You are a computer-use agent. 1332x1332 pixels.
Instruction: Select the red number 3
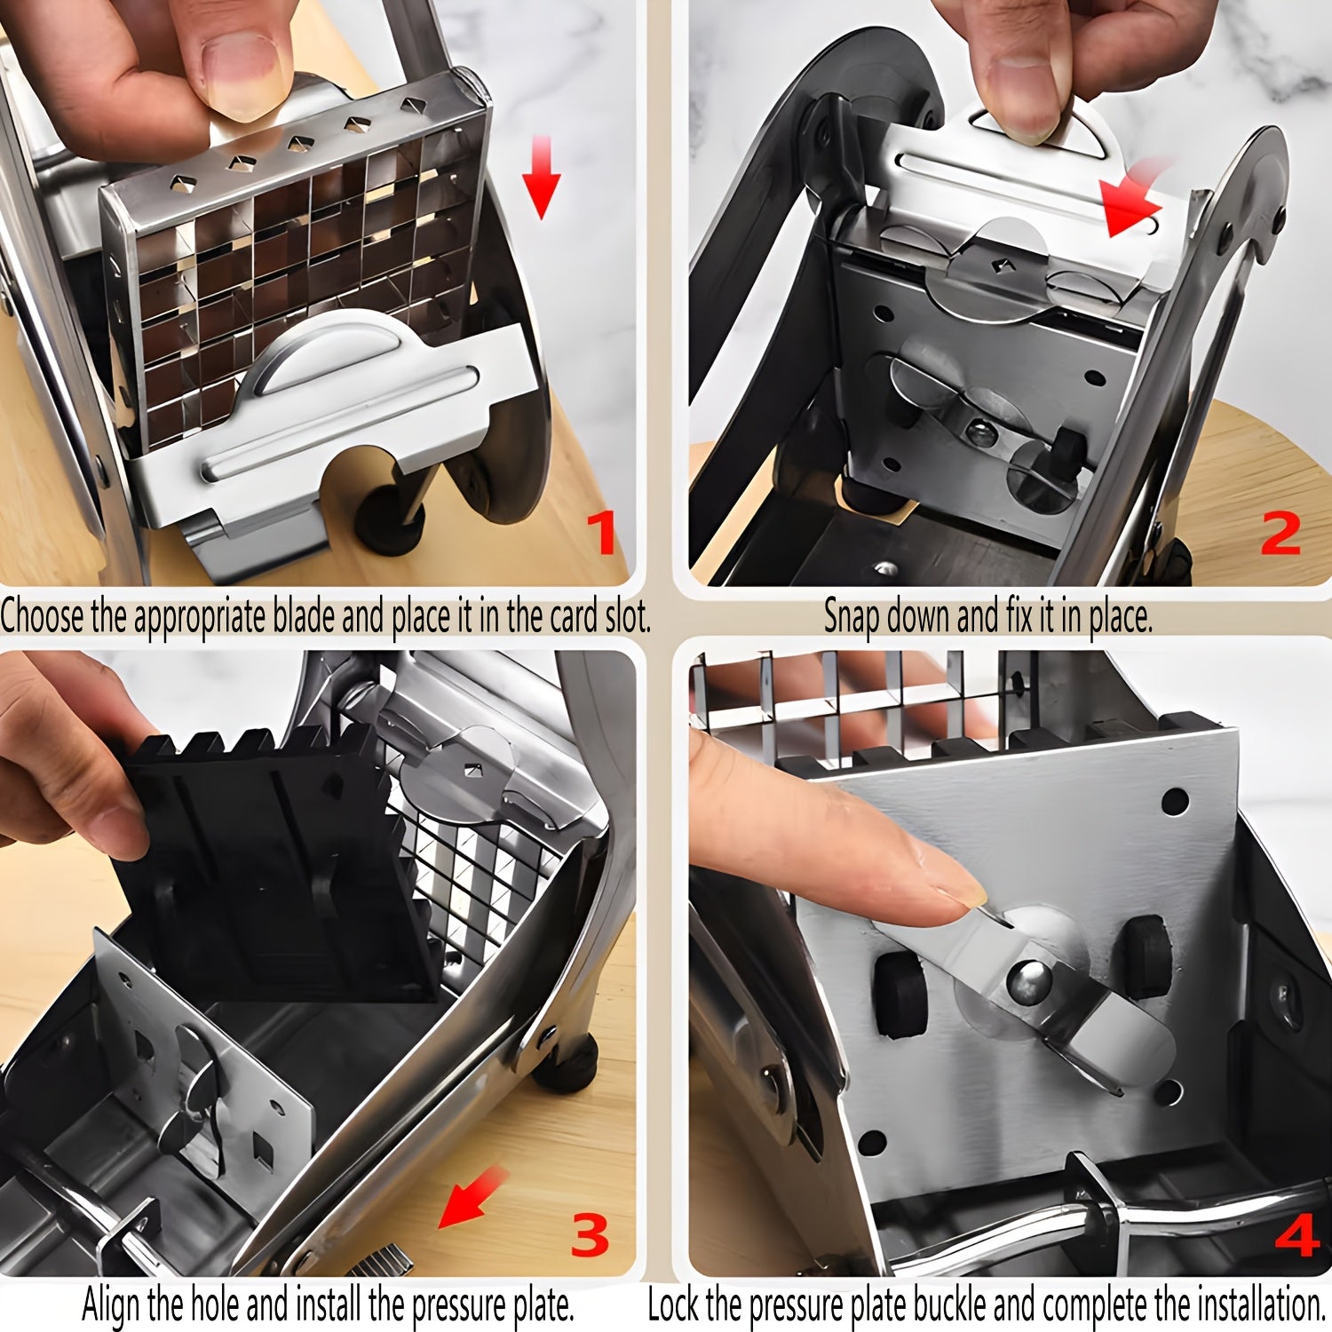pos(590,1235)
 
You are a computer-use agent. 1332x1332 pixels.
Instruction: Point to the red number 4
pos(1297,1235)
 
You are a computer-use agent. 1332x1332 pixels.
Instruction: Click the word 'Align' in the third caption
pos(112,1305)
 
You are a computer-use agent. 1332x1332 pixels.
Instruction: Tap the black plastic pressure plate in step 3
pos(266,861)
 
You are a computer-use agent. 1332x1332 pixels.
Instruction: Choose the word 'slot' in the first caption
pos(625,616)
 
